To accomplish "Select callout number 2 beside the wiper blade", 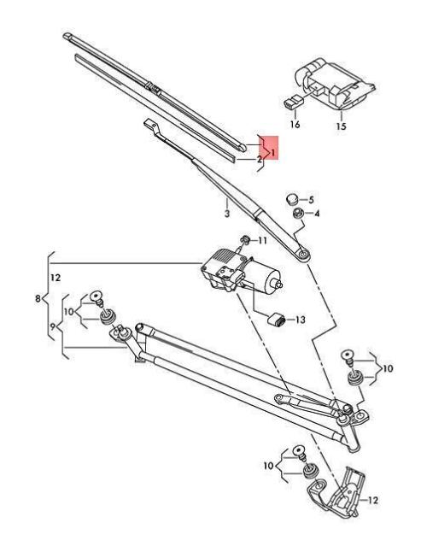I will tap(259, 159).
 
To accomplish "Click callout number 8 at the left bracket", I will tap(38, 299).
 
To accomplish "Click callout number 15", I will tap(340, 125).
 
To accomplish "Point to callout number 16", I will tap(295, 125).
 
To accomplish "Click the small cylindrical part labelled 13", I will tap(276, 320).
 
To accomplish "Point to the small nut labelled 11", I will tap(245, 239).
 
